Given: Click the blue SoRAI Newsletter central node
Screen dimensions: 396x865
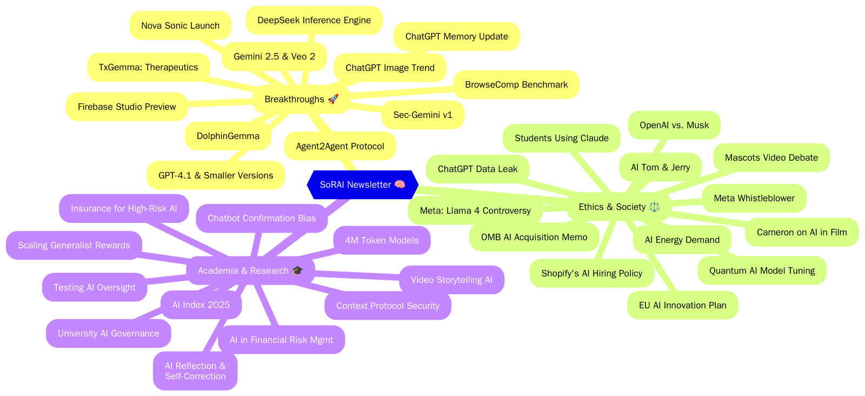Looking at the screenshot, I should pyautogui.click(x=362, y=184).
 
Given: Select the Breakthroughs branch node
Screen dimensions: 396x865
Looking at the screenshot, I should pyautogui.click(x=301, y=99).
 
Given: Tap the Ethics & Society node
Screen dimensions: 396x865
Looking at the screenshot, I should pyautogui.click(x=618, y=207).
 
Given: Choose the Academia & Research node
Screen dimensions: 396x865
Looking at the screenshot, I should pyautogui.click(x=250, y=270).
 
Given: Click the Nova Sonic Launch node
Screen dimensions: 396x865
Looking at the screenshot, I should pyautogui.click(x=180, y=25).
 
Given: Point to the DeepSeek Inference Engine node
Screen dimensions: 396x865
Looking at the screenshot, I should pyautogui.click(x=314, y=20).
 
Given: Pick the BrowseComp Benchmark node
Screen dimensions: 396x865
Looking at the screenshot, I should pyautogui.click(x=516, y=84).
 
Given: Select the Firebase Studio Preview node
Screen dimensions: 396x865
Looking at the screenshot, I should pyautogui.click(x=127, y=107).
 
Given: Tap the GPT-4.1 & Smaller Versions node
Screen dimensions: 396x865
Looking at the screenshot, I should pyautogui.click(x=215, y=175).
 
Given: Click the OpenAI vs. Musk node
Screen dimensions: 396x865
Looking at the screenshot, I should pyautogui.click(x=674, y=125).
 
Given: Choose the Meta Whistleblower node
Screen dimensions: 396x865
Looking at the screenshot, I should pyautogui.click(x=754, y=198).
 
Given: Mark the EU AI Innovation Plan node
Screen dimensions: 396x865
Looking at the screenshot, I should pyautogui.click(x=682, y=305).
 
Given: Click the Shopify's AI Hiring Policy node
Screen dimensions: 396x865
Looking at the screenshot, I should pyautogui.click(x=591, y=273).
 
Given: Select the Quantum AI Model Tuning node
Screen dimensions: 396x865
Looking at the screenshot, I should pyautogui.click(x=762, y=270).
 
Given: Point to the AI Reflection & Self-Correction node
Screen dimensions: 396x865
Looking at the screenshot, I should pyautogui.click(x=195, y=371).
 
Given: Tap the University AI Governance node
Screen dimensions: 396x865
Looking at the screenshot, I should pyautogui.click(x=108, y=333).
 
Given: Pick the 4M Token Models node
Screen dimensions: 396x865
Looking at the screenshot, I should pyautogui.click(x=382, y=240).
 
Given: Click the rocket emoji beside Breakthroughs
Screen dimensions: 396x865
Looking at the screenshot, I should pyautogui.click(x=333, y=99).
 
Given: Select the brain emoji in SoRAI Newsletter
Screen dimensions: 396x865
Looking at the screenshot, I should pyautogui.click(x=400, y=184).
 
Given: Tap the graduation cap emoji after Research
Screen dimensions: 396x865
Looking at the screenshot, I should pyautogui.click(x=297, y=270).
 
